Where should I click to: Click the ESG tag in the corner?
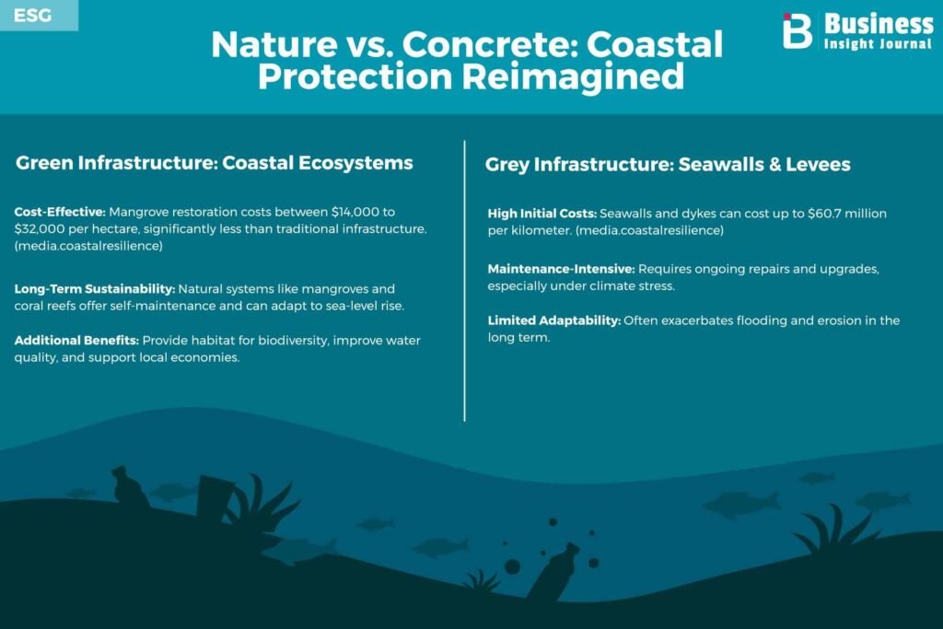[32, 15]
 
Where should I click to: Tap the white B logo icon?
[797, 30]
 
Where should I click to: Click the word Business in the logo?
[878, 24]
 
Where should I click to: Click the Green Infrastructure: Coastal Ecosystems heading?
[214, 163]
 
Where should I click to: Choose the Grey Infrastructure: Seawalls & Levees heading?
[668, 164]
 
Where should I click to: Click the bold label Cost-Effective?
[60, 212]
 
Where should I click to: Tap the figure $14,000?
[355, 212]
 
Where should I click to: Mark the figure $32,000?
[39, 228]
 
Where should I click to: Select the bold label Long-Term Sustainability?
[95, 288]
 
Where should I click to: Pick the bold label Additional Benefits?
[76, 341]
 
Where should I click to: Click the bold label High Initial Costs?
[541, 214]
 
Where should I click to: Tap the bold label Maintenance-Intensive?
[561, 269]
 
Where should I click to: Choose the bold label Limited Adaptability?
[553, 320]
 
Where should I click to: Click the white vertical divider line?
[464, 281]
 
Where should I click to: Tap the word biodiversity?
[293, 341]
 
